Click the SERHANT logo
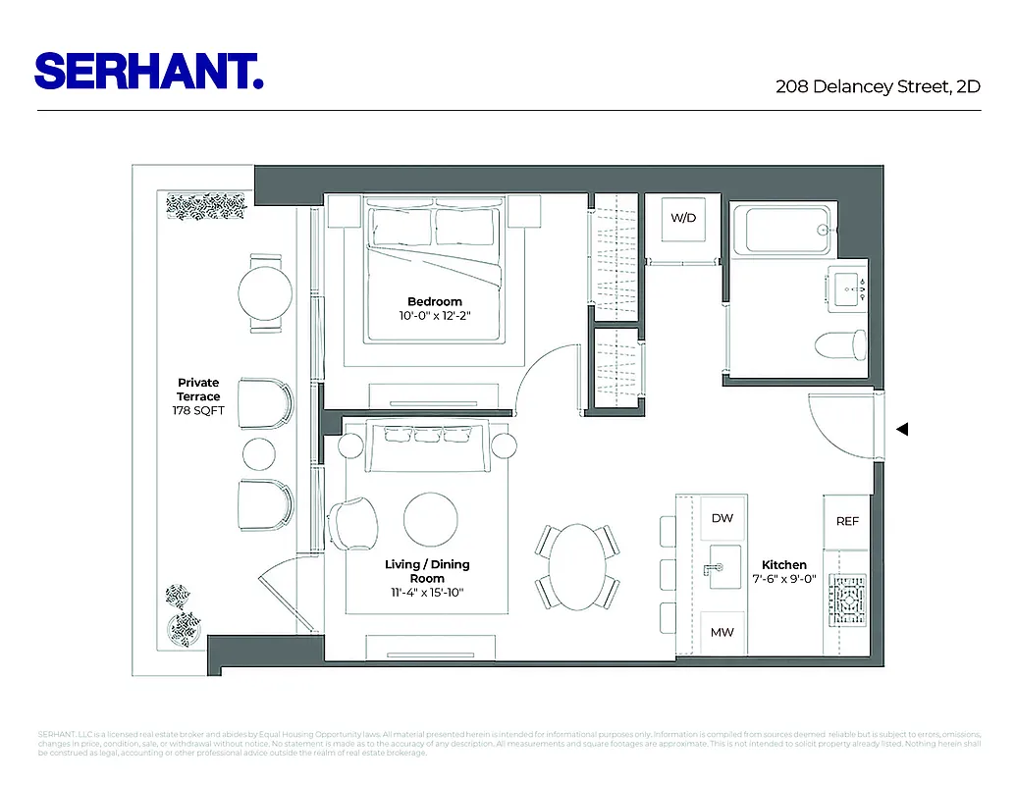(x=148, y=72)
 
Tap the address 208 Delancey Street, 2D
(x=878, y=86)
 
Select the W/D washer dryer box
(x=682, y=219)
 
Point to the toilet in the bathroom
(x=842, y=344)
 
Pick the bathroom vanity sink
(x=846, y=288)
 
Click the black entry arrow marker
(x=903, y=429)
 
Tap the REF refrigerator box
(x=847, y=521)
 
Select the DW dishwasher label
(x=722, y=518)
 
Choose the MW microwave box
(x=722, y=633)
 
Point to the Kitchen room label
(x=784, y=565)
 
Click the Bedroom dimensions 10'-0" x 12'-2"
(x=435, y=316)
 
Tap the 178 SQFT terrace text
(x=198, y=410)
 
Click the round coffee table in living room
(x=430, y=516)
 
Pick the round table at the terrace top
(x=265, y=291)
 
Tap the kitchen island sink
(x=722, y=570)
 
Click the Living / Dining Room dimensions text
(x=427, y=592)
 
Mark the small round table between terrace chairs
(x=259, y=453)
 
